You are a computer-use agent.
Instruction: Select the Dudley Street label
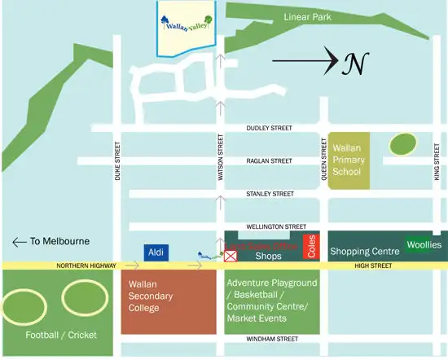[270, 129]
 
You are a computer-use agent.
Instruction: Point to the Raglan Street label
[269, 161]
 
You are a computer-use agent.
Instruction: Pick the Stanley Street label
[270, 194]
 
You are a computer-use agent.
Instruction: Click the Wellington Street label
[275, 226]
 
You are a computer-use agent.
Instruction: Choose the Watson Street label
[220, 159]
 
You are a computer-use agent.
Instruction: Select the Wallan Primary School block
[349, 160]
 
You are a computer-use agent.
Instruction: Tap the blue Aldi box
[156, 253]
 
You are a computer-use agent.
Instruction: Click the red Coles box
[310, 247]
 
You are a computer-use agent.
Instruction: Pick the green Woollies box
[424, 244]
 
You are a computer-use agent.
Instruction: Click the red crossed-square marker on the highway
[231, 257]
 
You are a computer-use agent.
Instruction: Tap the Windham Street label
[271, 338]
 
